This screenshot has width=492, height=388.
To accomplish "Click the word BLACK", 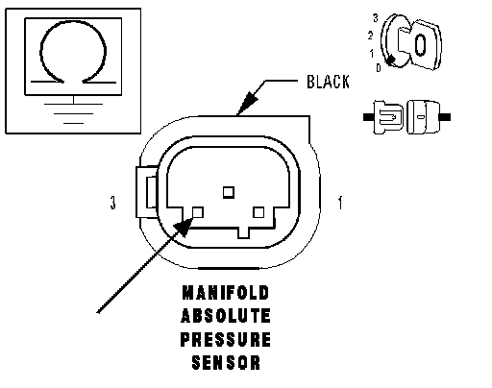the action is click(x=328, y=82).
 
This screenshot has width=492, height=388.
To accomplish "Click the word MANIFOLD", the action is click(x=226, y=293).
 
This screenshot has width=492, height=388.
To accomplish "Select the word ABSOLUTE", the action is click(x=226, y=316).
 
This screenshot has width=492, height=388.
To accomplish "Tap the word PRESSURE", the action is click(x=226, y=339).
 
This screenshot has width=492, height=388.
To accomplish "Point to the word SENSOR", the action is click(x=226, y=363).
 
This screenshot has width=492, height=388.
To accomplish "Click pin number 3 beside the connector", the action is click(x=112, y=203).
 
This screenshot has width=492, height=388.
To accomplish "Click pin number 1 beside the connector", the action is click(x=340, y=203).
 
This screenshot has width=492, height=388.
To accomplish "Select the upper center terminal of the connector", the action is click(x=229, y=192).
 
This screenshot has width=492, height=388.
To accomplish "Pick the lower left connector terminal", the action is click(x=198, y=212).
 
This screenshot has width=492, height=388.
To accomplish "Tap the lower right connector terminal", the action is click(x=258, y=212).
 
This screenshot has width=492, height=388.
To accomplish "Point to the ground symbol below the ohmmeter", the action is click(x=73, y=111).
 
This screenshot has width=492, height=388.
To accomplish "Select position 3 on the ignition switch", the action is click(x=376, y=18).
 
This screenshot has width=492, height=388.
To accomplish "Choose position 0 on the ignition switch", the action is click(x=379, y=68).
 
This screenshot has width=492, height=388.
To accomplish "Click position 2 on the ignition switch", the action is click(x=371, y=36).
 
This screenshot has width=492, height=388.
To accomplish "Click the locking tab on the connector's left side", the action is click(x=147, y=192).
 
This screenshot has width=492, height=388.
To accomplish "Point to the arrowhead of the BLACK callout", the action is click(x=247, y=102).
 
